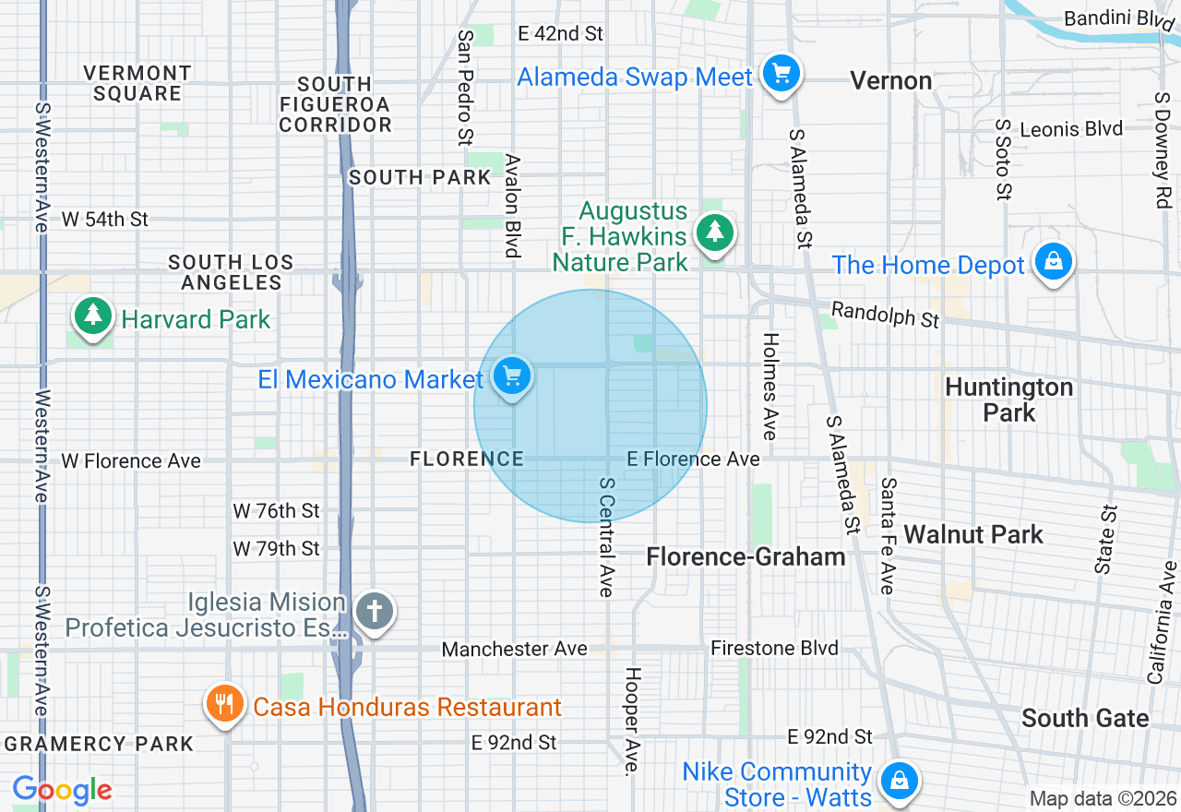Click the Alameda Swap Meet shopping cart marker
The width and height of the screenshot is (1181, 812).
point(781,73)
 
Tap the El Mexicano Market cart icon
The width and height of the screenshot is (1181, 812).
point(511,376)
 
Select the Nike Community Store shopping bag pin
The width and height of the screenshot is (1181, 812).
point(897,781)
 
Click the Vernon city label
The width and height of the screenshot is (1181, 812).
point(890,81)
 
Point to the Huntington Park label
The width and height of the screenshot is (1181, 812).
point(1009,400)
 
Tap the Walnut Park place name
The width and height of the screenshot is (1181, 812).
point(973,534)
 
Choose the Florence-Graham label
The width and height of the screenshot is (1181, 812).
point(746,556)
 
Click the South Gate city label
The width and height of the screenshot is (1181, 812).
point(1085,718)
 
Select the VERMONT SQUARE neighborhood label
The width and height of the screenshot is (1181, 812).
point(137,83)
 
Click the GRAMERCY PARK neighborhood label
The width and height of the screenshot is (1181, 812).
point(99,744)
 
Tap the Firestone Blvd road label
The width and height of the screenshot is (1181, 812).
point(774,649)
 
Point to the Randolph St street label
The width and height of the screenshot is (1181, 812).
point(885,314)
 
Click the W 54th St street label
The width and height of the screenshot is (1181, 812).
point(104,220)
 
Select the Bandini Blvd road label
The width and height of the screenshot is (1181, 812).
point(1110,18)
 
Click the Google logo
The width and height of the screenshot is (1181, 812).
point(62,790)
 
